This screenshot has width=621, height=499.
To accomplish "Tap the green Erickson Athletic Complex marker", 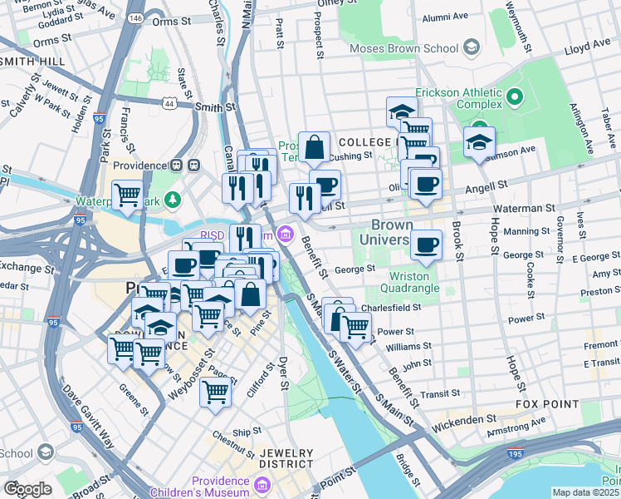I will click(x=515, y=99).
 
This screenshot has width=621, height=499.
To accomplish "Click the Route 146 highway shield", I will click(x=135, y=17).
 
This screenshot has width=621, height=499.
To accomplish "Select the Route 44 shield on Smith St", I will click(x=169, y=103).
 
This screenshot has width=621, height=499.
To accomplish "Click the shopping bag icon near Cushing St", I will click(x=315, y=148).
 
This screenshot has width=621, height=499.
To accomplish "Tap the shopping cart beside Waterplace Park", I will click(x=127, y=194).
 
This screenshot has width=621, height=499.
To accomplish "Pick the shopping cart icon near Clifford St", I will click(x=215, y=390).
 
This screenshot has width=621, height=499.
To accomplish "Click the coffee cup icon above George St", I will click(x=426, y=244).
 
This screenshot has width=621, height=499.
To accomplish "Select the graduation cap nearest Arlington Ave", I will click(x=479, y=141).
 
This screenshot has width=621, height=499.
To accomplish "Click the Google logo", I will click(x=27, y=489).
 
